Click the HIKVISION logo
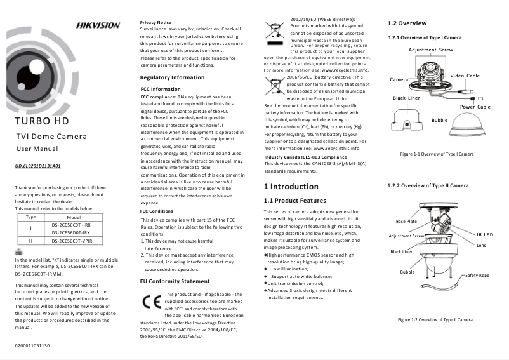(98, 25)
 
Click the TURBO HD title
(44, 121)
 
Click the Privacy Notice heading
(155, 22)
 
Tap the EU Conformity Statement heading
(175, 281)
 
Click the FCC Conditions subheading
(156, 211)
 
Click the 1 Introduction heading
(291, 187)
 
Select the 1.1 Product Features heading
(294, 201)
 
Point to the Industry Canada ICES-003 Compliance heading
(305, 156)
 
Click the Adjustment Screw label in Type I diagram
(431, 50)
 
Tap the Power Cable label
(475, 107)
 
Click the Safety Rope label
(477, 275)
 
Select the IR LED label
(485, 235)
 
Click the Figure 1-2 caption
(435, 319)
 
